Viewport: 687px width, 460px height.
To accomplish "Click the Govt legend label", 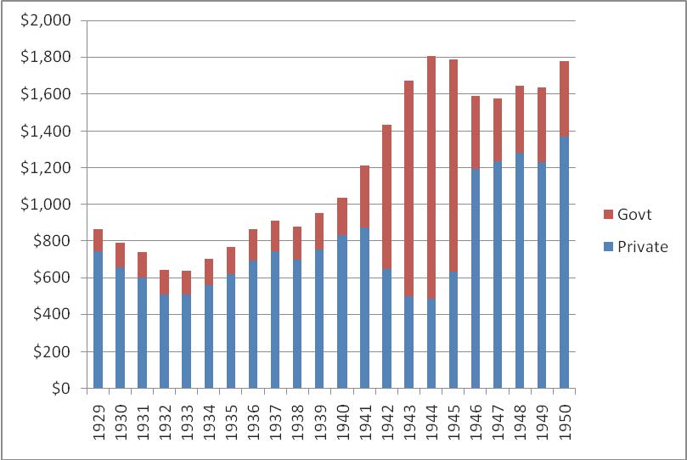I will pyautogui.click(x=634, y=216).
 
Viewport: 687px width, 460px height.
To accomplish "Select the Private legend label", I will pyautogui.click(x=643, y=247).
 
